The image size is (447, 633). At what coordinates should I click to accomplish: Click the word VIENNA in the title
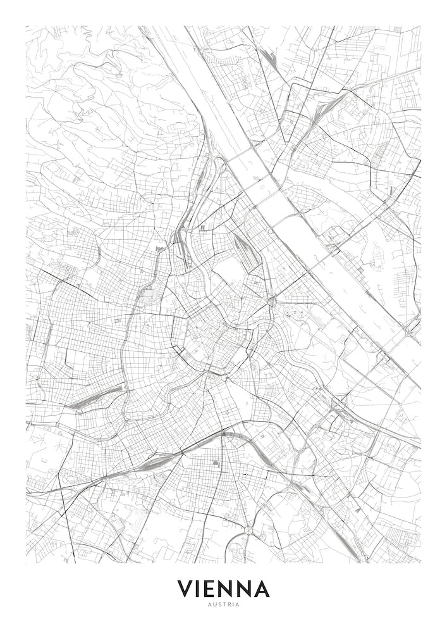point(223,589)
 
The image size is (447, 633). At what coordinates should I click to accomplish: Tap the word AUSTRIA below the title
point(223,605)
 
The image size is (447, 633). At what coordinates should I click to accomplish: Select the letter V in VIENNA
point(185,589)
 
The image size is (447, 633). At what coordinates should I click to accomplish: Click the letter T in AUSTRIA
point(224,605)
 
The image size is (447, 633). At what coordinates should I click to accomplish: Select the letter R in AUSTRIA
point(229,605)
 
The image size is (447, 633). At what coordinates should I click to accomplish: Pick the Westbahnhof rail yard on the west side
point(95,398)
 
